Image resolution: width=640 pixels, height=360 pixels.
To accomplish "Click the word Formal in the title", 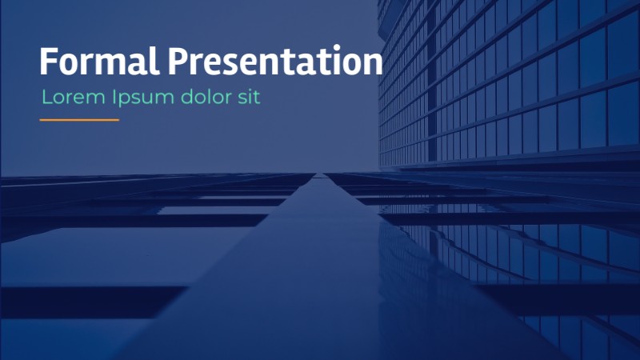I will (100, 62).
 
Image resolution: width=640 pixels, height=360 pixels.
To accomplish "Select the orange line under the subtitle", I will (79, 120).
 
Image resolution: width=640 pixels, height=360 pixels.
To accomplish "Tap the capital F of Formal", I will (50, 62).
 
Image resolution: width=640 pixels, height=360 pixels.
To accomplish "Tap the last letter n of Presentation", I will (372, 64).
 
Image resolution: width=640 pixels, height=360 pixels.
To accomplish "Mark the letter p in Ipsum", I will (125, 100).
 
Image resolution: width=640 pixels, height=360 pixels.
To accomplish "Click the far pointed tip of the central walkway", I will (320, 174).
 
